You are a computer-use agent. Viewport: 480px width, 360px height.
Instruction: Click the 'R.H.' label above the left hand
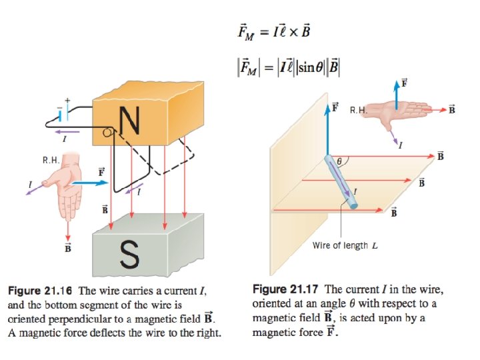coord(51,161)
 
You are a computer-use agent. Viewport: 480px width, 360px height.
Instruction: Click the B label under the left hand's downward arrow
coord(68,249)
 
